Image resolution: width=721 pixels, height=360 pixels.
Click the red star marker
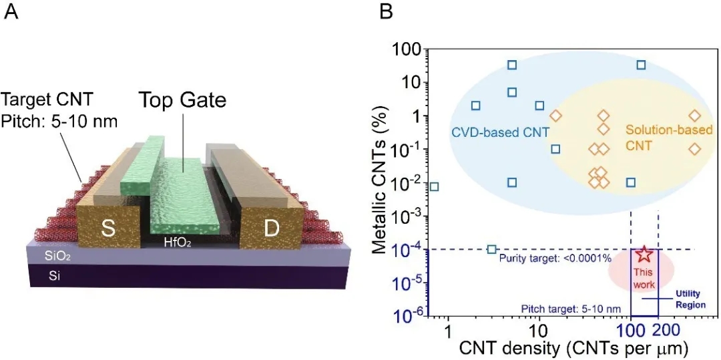pyautogui.click(x=644, y=254)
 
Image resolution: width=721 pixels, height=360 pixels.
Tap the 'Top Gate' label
pyautogui.click(x=182, y=100)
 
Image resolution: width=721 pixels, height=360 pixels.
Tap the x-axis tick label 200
pyautogui.click(x=666, y=331)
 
